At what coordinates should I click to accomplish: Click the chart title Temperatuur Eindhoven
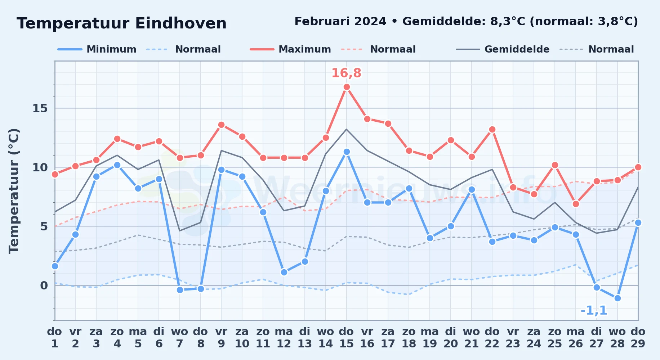[121, 23]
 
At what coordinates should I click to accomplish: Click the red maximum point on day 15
[347, 87]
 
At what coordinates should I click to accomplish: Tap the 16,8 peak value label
[346, 73]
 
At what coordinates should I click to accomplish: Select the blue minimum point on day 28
[617, 298]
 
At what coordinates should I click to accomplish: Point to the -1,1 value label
[594, 310]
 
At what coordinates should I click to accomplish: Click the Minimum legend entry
[97, 49]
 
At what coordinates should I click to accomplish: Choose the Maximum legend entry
[290, 49]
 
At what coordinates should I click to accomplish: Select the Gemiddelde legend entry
[503, 49]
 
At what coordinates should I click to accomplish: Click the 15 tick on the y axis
[40, 108]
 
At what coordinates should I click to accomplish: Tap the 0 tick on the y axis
[44, 285]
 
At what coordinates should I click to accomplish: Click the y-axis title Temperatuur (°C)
[14, 191]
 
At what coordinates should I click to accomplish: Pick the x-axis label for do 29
[638, 337]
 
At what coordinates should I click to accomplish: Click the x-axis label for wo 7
[180, 337]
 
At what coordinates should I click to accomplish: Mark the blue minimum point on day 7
[180, 290]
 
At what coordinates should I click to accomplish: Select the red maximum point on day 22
[492, 129]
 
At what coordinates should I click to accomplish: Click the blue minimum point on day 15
[347, 152]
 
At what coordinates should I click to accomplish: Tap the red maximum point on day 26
[576, 204]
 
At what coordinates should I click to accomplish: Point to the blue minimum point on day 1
[55, 266]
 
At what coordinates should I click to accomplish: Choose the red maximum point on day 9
[221, 125]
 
